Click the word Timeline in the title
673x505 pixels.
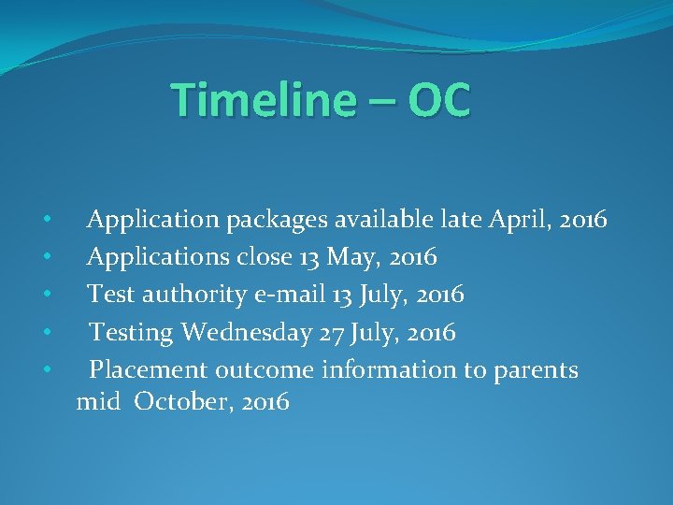253,100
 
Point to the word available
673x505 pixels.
386,220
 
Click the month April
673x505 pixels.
515,221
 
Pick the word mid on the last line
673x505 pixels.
98,402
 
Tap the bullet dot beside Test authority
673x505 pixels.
46,296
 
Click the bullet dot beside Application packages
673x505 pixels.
46,221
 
